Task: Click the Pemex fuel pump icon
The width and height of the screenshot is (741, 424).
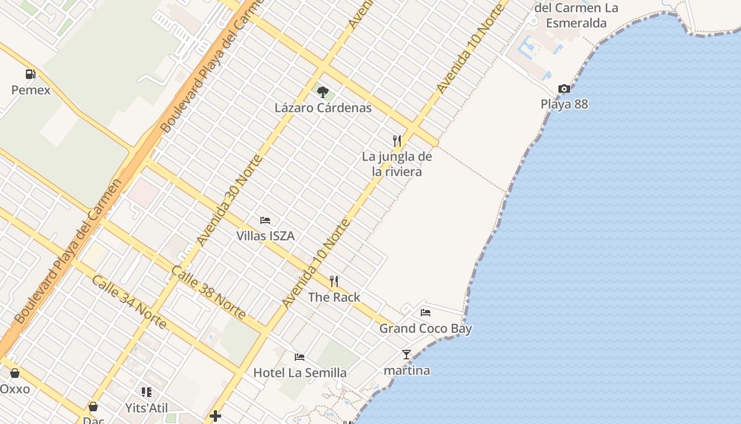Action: click(x=31, y=74)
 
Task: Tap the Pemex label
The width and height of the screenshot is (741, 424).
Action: click(x=31, y=90)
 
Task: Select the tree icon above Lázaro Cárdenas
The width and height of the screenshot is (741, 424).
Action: click(x=322, y=92)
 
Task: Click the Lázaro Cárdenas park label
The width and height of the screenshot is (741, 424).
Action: click(x=323, y=108)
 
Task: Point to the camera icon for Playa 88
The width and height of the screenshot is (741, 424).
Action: click(x=564, y=89)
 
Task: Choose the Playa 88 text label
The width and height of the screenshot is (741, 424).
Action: click(x=564, y=104)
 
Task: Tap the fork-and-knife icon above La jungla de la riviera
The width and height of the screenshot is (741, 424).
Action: click(x=397, y=140)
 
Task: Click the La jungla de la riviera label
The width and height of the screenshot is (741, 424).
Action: click(x=397, y=164)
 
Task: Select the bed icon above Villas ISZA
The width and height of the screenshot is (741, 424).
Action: click(x=265, y=220)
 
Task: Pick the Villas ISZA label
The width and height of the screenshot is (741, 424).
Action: click(x=265, y=236)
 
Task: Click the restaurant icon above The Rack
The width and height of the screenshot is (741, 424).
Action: click(x=334, y=281)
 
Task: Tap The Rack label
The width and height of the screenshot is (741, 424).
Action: click(x=334, y=297)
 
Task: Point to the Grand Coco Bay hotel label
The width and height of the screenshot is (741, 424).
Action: click(x=426, y=329)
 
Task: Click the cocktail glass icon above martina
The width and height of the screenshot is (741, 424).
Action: click(x=406, y=355)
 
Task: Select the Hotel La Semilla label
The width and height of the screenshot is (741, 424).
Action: click(x=300, y=373)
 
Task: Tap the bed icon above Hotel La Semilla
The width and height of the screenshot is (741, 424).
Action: click(x=300, y=357)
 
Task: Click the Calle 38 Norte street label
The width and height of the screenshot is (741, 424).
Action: click(x=208, y=293)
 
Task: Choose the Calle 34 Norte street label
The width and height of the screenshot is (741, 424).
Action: click(x=129, y=301)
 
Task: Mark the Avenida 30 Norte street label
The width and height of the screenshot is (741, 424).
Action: click(x=229, y=200)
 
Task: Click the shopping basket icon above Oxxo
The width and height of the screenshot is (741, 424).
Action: click(x=15, y=373)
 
